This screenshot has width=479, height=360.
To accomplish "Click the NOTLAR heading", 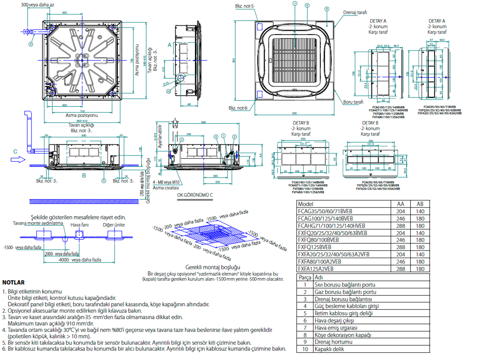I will pyautogui.click(x=13, y=283).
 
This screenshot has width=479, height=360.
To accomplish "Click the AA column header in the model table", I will pyautogui.click(x=401, y=204).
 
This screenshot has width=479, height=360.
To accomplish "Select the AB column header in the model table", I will pyautogui.click(x=420, y=204).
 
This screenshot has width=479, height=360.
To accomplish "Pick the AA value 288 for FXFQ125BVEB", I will pyautogui.click(x=401, y=247).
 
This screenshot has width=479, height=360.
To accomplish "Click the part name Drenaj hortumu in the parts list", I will pyautogui.click(x=333, y=342).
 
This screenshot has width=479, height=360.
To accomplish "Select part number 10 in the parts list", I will pyautogui.click(x=305, y=349).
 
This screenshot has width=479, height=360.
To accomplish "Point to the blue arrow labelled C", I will pyautogui.click(x=18, y=160).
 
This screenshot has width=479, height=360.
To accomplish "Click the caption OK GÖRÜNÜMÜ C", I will pyautogui.click(x=195, y=195).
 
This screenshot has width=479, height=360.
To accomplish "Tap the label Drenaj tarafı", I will pyautogui.click(x=355, y=13).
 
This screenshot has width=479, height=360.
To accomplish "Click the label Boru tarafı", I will pyautogui.click(x=353, y=102).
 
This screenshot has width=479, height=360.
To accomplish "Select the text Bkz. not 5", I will pyautogui.click(x=245, y=6).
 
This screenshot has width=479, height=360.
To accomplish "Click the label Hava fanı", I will pyautogui.click(x=80, y=225).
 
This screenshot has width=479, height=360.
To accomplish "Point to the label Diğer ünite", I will pyautogui.click(x=113, y=225).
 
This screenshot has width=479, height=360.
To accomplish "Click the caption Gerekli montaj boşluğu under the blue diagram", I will pyautogui.click(x=213, y=267).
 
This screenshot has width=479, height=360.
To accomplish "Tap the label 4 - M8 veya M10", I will pyautogui.click(x=166, y=182).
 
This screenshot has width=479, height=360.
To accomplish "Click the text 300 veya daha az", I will pyautogui.click(x=38, y=5).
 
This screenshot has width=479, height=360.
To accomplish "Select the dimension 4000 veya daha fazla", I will pyautogui.click(x=80, y=260).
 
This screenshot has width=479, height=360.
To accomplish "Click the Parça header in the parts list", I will pyautogui.click(x=305, y=277).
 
